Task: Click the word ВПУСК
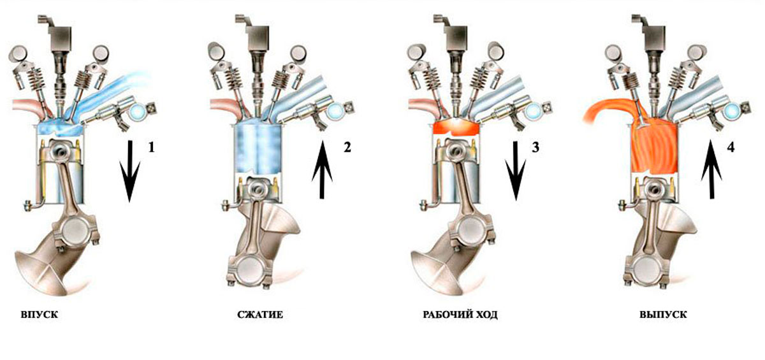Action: pyautogui.click(x=40, y=314)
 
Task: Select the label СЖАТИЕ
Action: pyautogui.click(x=260, y=314)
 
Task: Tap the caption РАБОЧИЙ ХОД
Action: pyautogui.click(x=460, y=314)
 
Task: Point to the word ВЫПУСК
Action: pyautogui.click(x=663, y=314)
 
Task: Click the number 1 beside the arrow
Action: pyautogui.click(x=151, y=147)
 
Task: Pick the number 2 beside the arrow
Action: pyautogui.click(x=347, y=147)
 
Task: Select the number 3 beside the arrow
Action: pyautogui.click(x=535, y=147)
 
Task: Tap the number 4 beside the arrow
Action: pyautogui.click(x=731, y=147)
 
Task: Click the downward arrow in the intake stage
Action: pyautogui.click(x=130, y=171)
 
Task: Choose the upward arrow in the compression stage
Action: pyautogui.click(x=322, y=169)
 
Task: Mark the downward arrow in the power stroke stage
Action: pyautogui.click(x=516, y=171)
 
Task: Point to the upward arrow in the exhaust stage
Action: pyautogui.click(x=711, y=169)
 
